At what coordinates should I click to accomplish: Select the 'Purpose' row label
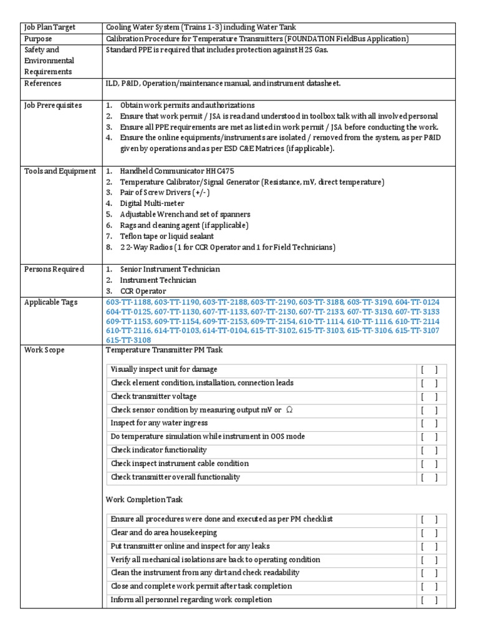(39, 39)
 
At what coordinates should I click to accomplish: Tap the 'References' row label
(42, 83)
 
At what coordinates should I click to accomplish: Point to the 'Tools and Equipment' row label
(60, 171)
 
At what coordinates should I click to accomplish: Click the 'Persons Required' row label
(54, 269)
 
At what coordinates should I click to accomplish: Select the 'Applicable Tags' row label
(51, 302)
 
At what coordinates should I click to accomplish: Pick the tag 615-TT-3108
(130, 340)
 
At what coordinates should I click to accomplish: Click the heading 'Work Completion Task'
(144, 500)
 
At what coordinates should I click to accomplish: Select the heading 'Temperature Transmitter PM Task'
(164, 350)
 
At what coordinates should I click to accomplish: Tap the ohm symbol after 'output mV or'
(289, 410)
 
